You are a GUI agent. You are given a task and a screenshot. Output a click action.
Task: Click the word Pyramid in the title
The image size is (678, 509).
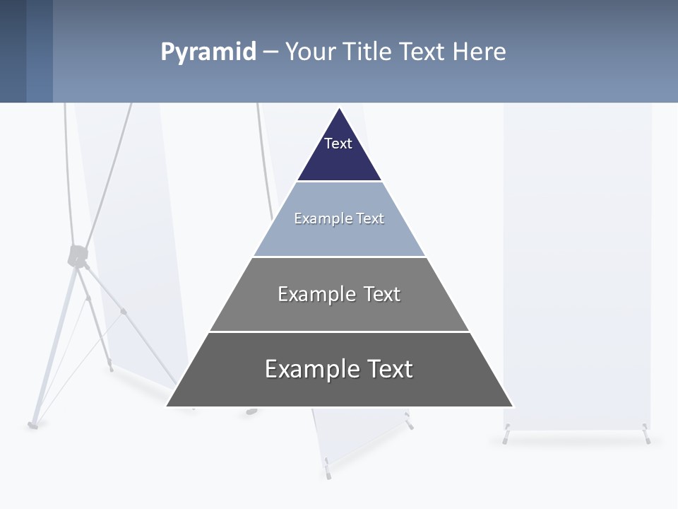[x=208, y=52]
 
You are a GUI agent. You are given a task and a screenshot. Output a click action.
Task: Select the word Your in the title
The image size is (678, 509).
[x=311, y=52]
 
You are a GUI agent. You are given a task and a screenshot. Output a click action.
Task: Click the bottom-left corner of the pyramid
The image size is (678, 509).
[x=168, y=406]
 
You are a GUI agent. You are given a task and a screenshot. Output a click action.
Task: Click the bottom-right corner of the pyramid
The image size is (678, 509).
[x=512, y=406]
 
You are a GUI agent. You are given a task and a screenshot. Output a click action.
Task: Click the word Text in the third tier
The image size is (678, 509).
[x=382, y=294]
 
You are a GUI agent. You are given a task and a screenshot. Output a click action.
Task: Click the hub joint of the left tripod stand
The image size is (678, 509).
[x=77, y=256]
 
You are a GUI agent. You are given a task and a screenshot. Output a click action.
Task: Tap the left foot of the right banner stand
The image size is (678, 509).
[x=506, y=437]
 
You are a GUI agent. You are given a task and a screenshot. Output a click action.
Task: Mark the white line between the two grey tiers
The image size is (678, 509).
[x=339, y=332]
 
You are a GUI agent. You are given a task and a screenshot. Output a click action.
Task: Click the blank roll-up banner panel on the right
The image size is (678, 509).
[x=577, y=269]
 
